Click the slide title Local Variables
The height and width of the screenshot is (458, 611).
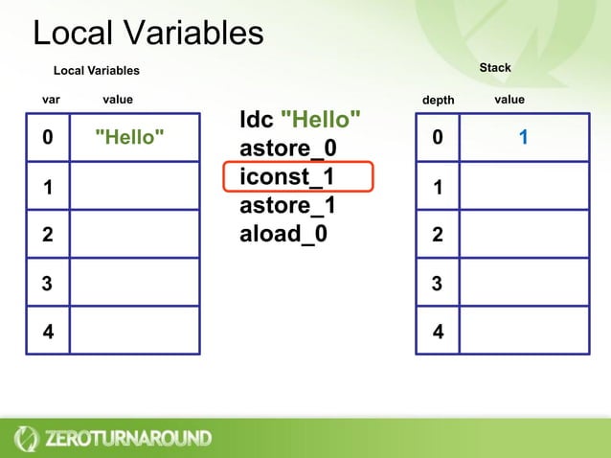click(x=147, y=34)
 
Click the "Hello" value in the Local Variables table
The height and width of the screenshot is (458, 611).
click(x=129, y=137)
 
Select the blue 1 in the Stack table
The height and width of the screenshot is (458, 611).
click(x=524, y=138)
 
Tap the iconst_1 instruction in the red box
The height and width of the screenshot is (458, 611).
click(x=287, y=178)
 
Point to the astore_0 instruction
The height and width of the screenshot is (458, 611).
click(x=287, y=149)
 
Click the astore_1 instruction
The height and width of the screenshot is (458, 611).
click(x=287, y=206)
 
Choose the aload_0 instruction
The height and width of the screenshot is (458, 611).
click(x=283, y=233)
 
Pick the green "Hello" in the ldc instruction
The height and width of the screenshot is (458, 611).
click(x=321, y=121)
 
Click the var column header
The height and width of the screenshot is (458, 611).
click(x=52, y=100)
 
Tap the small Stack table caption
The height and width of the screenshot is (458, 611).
click(x=495, y=68)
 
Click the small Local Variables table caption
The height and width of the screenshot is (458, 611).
click(x=96, y=71)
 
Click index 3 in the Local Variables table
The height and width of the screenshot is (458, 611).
click(x=47, y=283)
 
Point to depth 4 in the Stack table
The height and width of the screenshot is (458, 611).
click(x=438, y=333)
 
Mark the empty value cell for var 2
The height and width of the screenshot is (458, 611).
click(x=134, y=234)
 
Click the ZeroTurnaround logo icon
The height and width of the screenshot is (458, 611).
click(x=26, y=438)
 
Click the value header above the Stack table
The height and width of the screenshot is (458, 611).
click(x=509, y=100)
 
